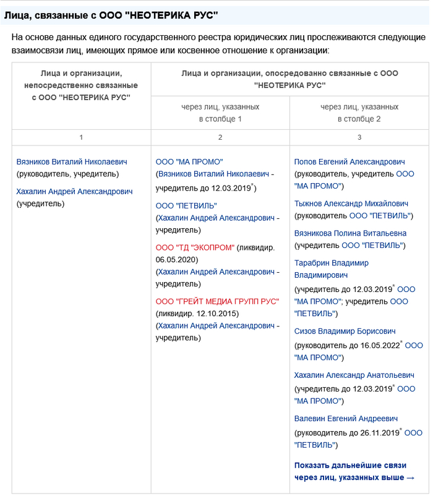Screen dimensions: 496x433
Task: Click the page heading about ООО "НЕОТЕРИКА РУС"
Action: (x=111, y=14)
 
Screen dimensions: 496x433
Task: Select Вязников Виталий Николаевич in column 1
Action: (x=72, y=162)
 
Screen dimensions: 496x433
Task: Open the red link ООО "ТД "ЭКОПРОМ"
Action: (x=195, y=247)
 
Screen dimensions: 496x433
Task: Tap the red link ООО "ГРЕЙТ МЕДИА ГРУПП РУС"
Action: (x=217, y=301)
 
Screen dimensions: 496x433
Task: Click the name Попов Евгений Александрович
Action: (x=349, y=162)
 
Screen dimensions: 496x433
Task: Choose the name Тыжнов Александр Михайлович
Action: (x=351, y=203)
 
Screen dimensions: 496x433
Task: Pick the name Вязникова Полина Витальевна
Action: (x=350, y=233)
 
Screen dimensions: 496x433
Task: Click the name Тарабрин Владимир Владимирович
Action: (x=331, y=268)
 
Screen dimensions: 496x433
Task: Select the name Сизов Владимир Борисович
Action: (x=345, y=331)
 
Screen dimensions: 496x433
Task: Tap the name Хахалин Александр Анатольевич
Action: (x=354, y=375)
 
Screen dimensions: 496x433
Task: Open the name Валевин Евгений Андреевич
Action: (x=346, y=419)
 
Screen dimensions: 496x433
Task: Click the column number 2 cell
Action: (x=220, y=137)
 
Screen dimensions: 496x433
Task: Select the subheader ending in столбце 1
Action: (x=220, y=113)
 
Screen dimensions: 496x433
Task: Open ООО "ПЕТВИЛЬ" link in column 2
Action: (x=186, y=205)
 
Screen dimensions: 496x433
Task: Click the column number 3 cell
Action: (x=359, y=137)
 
